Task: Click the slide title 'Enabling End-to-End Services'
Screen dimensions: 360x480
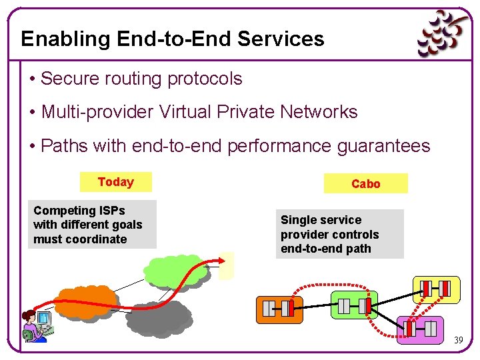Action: tap(173, 39)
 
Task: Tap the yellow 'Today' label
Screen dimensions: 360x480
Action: tap(115, 182)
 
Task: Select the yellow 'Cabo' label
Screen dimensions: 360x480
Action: tap(365, 183)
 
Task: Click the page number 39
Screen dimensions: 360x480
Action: tap(458, 341)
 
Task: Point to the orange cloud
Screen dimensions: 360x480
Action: tap(87, 302)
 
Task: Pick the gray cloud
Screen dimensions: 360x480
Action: tap(159, 318)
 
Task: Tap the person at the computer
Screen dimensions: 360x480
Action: tap(36, 326)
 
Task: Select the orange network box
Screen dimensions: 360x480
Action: tap(279, 309)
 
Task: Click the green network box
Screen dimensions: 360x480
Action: tap(353, 306)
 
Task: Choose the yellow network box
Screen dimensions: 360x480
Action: tap(436, 288)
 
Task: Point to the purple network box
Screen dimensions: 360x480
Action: tap(421, 329)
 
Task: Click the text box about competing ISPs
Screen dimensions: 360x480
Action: tap(92, 225)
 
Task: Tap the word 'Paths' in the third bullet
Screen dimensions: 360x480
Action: tap(64, 146)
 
